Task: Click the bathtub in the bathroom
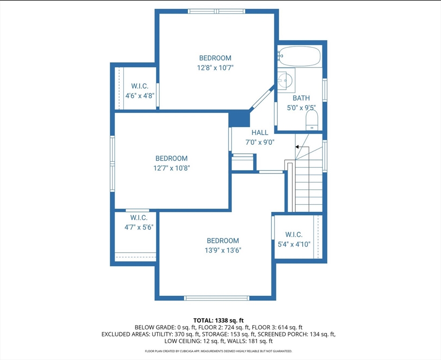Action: click(299, 57)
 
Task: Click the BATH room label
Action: click(301, 98)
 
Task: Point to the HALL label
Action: click(260, 133)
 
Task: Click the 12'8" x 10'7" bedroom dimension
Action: click(215, 67)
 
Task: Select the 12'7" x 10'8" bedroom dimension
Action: click(172, 168)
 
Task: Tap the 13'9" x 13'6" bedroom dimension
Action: click(223, 250)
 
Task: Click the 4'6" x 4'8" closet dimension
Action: click(140, 96)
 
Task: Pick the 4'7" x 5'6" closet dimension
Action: click(139, 227)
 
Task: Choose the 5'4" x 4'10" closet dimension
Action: click(294, 244)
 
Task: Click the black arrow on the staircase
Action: click(297, 147)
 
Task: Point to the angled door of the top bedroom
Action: click(261, 98)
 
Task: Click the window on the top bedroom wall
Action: click(217, 11)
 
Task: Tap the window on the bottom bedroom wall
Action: click(216, 298)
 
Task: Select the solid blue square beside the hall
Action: click(239, 119)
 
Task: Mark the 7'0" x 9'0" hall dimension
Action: click(260, 142)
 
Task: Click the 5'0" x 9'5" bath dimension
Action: click(301, 107)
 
